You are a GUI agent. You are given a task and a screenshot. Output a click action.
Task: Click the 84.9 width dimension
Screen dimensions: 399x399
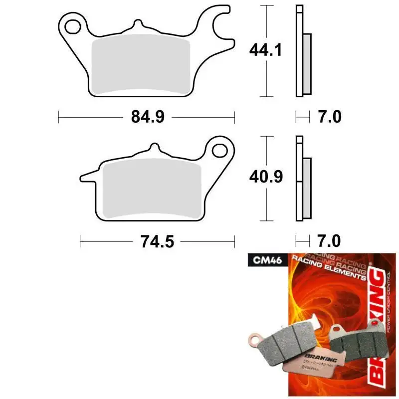click(x=147, y=118)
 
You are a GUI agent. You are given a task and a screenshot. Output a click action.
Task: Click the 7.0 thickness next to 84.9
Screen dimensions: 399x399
click(x=329, y=117)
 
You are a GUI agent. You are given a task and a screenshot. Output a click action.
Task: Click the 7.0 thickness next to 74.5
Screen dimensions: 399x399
click(x=329, y=241)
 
